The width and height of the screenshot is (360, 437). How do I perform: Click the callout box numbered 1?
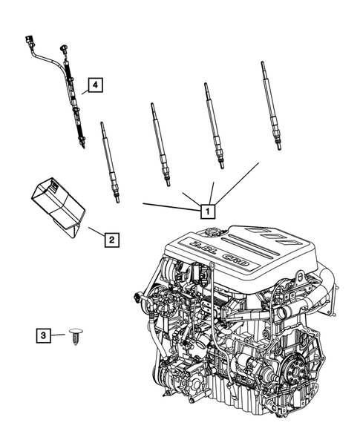coord(207,211)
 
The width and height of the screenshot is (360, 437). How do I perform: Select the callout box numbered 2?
coord(110,240)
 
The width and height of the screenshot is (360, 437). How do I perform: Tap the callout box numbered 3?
coord(45,336)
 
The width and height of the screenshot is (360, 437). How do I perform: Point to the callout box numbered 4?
coord(94,85)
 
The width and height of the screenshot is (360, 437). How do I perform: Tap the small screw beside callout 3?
coord(75,338)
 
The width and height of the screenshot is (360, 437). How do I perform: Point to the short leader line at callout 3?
coord(59,336)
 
